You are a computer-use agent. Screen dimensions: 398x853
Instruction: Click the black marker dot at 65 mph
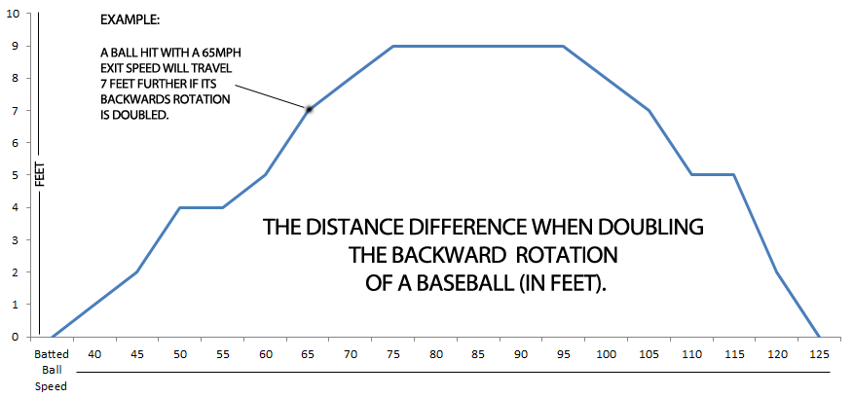309,110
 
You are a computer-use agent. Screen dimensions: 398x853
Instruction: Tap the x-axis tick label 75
393,354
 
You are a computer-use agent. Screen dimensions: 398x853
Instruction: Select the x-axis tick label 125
820,354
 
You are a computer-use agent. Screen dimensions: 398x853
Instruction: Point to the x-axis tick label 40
94,354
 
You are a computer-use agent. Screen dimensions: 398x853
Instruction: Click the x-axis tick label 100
607,354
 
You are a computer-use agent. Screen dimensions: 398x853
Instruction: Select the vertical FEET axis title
40,175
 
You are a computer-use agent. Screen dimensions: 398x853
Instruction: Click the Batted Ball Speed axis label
52,369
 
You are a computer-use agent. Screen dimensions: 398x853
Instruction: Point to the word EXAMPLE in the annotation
130,20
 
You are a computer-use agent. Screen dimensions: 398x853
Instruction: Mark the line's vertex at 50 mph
180,207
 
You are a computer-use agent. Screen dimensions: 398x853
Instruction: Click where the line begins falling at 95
564,46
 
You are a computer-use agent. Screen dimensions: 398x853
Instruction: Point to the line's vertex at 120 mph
777,271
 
